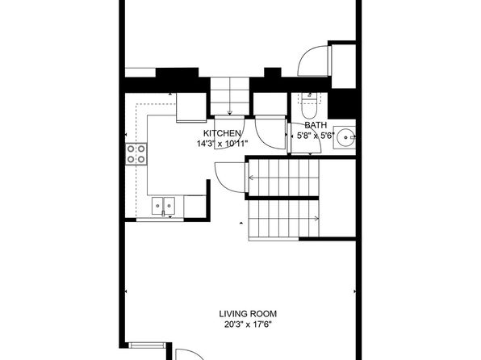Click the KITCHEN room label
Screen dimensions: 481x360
point(222,133)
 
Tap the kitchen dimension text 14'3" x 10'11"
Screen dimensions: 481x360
point(222,144)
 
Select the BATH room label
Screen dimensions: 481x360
point(316,125)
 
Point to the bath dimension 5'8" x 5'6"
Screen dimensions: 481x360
point(316,136)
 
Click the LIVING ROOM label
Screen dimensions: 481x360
point(248,314)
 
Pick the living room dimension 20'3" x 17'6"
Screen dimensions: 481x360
point(248,324)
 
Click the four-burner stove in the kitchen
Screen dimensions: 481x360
point(136,154)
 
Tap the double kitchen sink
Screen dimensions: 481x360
point(163,206)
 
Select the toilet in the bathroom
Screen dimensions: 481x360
point(308,106)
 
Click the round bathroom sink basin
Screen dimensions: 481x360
point(345,137)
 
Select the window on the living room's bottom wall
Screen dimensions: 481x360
point(147,345)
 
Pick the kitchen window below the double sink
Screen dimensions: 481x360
point(160,220)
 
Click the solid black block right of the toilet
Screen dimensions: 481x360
point(341,103)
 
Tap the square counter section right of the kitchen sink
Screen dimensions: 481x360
point(194,207)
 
